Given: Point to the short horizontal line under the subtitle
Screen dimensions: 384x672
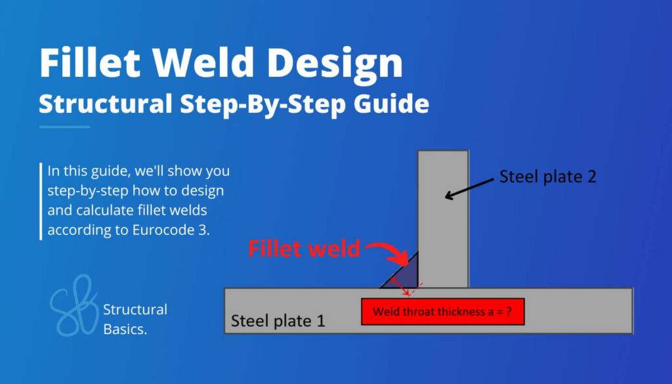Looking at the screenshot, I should pyautogui.click(x=64, y=127).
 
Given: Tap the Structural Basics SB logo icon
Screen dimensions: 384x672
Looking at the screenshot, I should pyautogui.click(x=73, y=307).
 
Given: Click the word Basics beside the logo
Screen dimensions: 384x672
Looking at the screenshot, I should pyautogui.click(x=125, y=329).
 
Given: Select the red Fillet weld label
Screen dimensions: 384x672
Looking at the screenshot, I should pyautogui.click(x=304, y=249).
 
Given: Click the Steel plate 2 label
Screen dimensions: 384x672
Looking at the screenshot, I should pyautogui.click(x=548, y=177).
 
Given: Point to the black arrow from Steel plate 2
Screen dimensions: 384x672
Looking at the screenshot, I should pyautogui.click(x=469, y=187).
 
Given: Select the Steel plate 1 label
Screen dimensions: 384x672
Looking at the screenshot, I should pyautogui.click(x=278, y=322).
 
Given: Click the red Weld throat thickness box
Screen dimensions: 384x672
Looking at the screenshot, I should pyautogui.click(x=443, y=312).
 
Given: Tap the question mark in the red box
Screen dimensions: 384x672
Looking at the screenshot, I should pyautogui.click(x=509, y=312).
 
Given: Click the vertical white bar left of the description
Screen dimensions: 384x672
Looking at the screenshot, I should pyautogui.click(x=41, y=201).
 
